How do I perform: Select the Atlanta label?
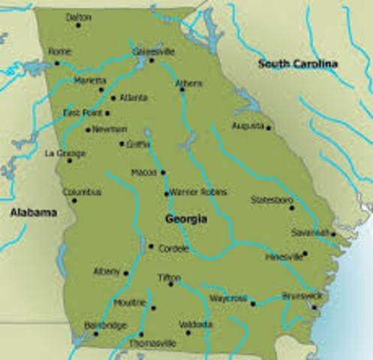click(x=133, y=97)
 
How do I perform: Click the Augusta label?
click(x=247, y=125)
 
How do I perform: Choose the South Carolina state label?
click(x=297, y=64)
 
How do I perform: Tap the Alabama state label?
click(x=33, y=213)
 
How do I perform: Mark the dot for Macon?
click(x=164, y=172)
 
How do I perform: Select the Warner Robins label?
click(x=193, y=192)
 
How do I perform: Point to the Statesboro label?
click(x=272, y=200)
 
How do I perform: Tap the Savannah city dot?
click(x=333, y=234)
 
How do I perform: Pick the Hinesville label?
click(x=284, y=256)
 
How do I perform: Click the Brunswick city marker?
click(x=315, y=307)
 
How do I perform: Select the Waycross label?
click(x=228, y=298)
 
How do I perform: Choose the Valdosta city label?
click(x=195, y=324)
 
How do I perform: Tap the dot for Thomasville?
click(x=141, y=334)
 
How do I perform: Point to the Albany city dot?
click(x=126, y=273)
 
